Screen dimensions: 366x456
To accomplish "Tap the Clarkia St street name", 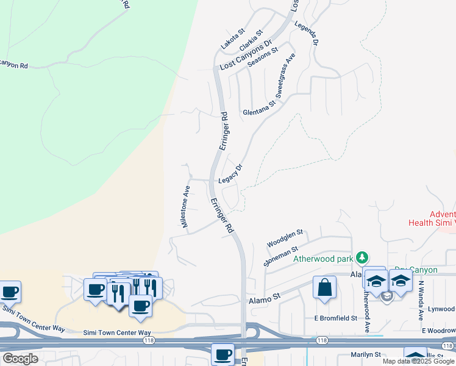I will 251,40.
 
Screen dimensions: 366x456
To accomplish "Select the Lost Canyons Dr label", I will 244,56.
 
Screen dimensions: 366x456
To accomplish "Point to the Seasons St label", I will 263,58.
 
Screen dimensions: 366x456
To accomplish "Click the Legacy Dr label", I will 230,174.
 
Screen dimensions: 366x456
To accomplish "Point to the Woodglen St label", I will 285,238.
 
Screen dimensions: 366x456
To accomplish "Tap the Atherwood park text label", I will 324,259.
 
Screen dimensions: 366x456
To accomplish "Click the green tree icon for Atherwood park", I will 363,257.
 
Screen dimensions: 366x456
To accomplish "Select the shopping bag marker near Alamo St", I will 324,287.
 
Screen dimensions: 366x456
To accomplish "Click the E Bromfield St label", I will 335,318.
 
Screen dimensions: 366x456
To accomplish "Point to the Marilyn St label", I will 365,354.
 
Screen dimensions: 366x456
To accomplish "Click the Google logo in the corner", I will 20,359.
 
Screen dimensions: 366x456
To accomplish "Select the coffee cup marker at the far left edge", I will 9,292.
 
